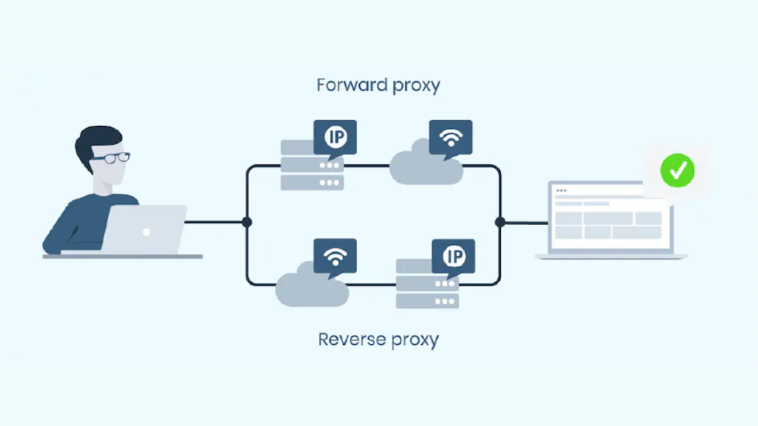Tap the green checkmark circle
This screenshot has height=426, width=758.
click(677, 171)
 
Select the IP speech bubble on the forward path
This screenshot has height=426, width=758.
click(336, 137)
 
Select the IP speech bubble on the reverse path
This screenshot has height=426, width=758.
click(453, 256)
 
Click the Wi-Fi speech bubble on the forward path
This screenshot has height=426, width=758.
click(450, 137)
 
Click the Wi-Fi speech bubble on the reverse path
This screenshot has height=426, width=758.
click(334, 256)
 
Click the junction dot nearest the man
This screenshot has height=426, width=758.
click(246, 222)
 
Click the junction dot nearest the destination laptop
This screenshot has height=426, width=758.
click(500, 222)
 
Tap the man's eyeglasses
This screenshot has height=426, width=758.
click(112, 157)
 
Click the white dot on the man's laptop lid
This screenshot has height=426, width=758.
click(147, 232)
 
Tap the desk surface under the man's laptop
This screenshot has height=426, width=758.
click(123, 256)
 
